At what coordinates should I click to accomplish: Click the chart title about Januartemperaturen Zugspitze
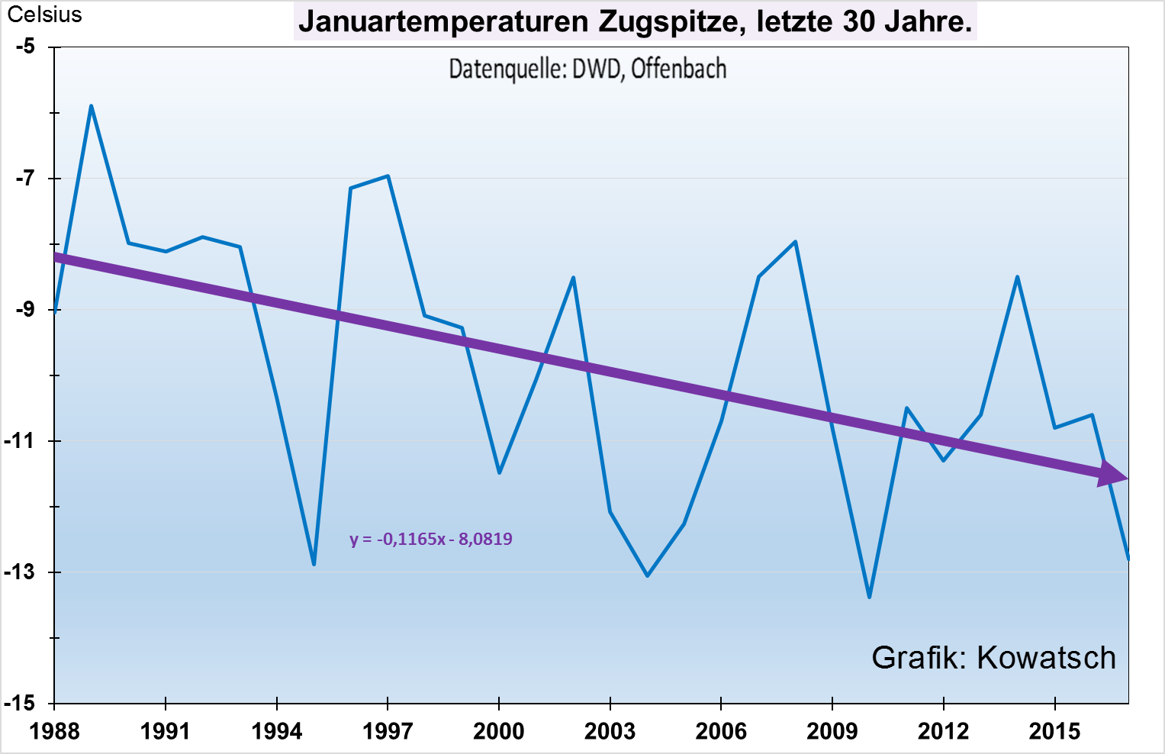[635, 21]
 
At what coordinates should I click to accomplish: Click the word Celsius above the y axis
[44, 14]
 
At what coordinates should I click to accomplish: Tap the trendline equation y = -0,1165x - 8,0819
[431, 539]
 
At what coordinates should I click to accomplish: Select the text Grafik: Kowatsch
[993, 657]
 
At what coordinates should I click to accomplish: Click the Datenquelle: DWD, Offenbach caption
[587, 69]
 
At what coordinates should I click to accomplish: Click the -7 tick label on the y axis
[25, 179]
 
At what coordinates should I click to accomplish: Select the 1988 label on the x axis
[54, 731]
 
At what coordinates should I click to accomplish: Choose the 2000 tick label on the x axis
[499, 731]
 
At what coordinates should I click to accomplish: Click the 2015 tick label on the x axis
[1054, 731]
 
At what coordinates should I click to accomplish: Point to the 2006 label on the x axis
[721, 731]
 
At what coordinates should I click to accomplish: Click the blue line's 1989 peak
[92, 105]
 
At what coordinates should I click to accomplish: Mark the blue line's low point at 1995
[314, 565]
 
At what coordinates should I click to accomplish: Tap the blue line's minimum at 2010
[869, 597]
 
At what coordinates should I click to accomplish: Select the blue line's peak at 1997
[388, 176]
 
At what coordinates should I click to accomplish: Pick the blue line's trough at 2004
[647, 575]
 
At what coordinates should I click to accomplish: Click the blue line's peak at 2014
[1018, 276]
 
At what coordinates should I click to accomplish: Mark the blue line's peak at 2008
[796, 241]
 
